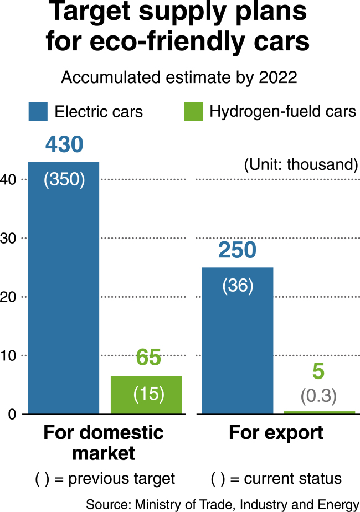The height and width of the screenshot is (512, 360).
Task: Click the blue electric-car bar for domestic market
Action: point(64,288)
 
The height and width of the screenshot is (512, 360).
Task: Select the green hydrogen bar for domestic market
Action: point(146,395)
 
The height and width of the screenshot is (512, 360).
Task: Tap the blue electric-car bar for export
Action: point(238,340)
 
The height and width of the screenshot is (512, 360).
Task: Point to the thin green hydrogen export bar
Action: point(319,413)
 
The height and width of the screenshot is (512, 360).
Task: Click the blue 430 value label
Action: point(64,144)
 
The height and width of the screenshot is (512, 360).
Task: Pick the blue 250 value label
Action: point(237,250)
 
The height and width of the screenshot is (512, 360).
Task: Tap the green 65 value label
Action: point(148,357)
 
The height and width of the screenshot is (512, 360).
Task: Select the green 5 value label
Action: point(318,371)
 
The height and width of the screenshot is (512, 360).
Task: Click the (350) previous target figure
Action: point(64,179)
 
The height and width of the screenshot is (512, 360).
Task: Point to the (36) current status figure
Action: point(238,286)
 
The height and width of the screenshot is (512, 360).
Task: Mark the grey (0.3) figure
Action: point(318,395)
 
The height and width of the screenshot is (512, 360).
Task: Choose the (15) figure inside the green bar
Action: point(148,394)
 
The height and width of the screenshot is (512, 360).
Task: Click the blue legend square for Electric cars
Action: point(38,112)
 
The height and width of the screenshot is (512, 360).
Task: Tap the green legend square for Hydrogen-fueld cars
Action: point(194,112)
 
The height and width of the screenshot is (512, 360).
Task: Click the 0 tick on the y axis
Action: point(12,415)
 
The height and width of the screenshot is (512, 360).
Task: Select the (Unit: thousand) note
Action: point(301,164)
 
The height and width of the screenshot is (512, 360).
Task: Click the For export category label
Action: point(276,433)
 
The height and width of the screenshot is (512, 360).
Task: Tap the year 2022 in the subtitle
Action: point(278,77)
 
